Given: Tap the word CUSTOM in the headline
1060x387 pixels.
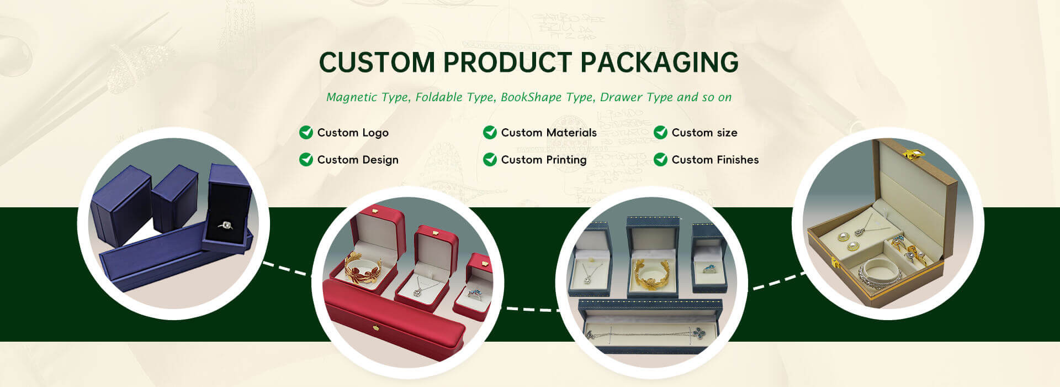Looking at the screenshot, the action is coord(377,62).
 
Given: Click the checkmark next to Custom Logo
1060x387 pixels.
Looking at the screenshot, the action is coord(306,132).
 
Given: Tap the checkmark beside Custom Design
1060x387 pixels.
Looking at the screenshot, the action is coord(306,159).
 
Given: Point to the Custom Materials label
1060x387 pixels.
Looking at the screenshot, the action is coord(549,133).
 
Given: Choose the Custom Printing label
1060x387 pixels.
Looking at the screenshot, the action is coord(544,160).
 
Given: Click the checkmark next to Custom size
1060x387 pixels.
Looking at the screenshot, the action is coord(660,132).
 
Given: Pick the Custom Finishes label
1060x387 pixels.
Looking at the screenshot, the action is coord(715,160).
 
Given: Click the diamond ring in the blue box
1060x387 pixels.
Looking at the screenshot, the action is coord(226,226).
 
